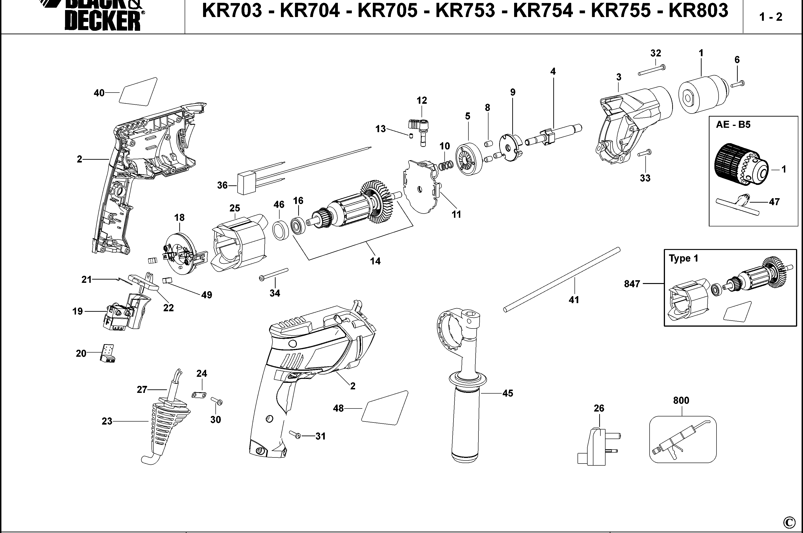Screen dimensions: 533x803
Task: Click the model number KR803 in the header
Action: [x=698, y=11]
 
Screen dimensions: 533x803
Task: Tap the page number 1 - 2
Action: [x=771, y=17]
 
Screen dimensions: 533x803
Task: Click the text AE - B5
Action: [x=733, y=125]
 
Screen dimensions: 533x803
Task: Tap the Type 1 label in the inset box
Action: [x=683, y=258]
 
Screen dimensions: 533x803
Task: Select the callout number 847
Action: [x=632, y=284]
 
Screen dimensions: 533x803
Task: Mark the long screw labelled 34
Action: [x=274, y=274]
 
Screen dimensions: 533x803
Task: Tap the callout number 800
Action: [x=681, y=400]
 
